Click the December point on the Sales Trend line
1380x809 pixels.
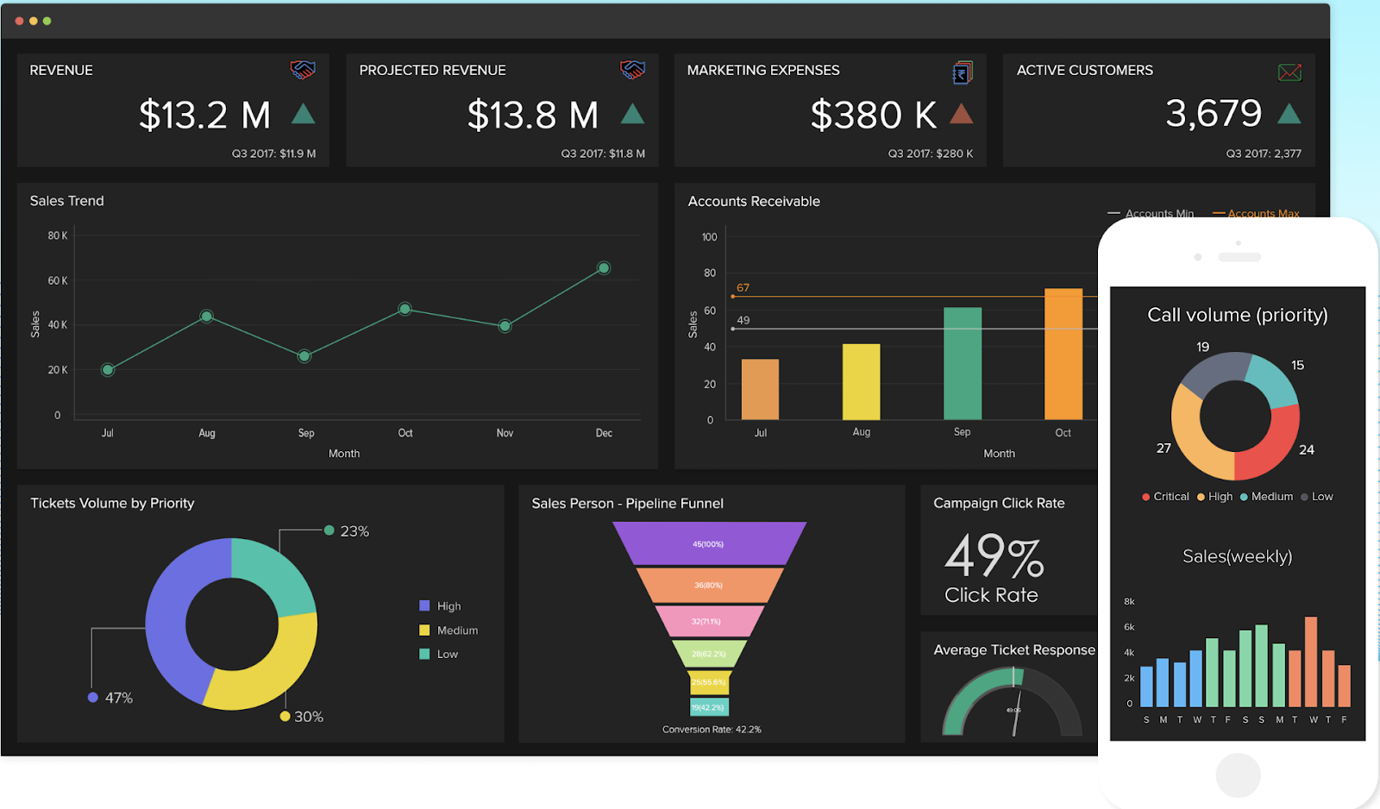604,268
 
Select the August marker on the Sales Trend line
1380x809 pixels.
206,317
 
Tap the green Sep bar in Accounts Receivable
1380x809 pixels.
963,363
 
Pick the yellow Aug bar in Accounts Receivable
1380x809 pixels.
861,381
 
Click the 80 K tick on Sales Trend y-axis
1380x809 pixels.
58,235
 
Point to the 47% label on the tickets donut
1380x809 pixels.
119,698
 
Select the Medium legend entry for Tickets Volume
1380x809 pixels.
456,630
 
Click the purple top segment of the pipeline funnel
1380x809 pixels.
708,544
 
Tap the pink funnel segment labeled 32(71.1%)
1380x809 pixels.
708,621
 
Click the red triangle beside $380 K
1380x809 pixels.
962,113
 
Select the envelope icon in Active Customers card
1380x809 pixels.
1289,72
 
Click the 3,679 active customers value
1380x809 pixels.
1214,113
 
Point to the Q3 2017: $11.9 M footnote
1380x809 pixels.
273,154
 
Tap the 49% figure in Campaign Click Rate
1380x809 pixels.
994,556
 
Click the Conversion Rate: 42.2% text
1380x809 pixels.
712,730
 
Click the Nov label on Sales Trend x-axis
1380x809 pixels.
505,433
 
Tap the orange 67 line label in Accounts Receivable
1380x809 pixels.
743,288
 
